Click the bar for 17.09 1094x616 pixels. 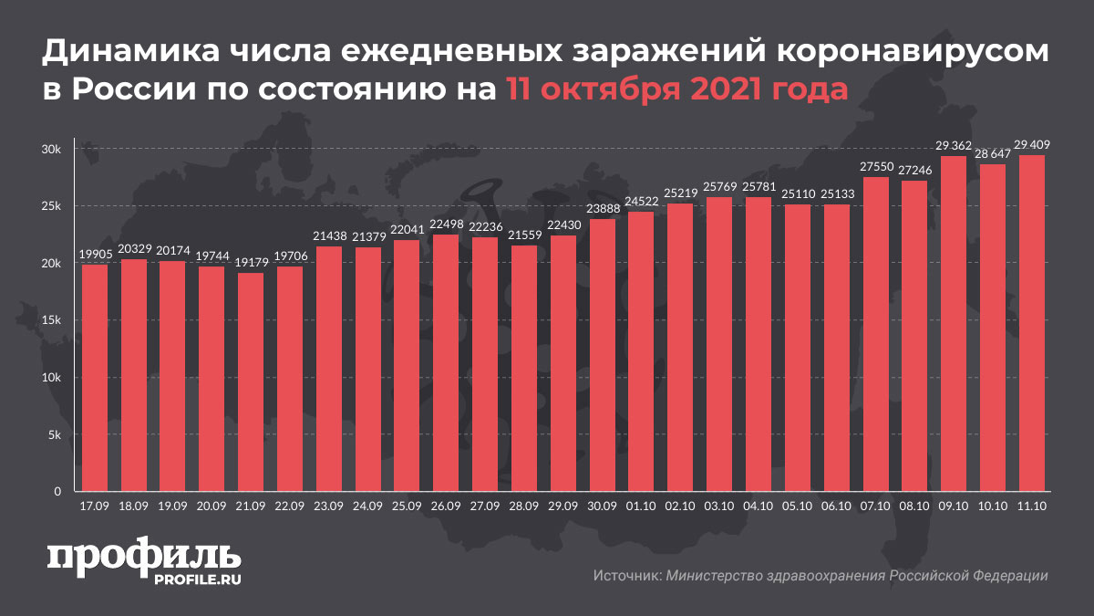coord(95,378)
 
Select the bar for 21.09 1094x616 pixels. coord(251,382)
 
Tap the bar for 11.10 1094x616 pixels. coord(1031,323)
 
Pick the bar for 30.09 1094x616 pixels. coord(603,355)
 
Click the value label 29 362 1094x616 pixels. coord(953,145)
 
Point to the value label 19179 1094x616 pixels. coord(251,262)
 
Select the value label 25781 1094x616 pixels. coord(758,187)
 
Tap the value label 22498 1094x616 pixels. coord(446,224)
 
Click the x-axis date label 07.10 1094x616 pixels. coord(874,505)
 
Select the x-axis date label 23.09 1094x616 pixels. coord(328,505)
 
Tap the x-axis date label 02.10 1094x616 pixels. coord(680,505)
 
